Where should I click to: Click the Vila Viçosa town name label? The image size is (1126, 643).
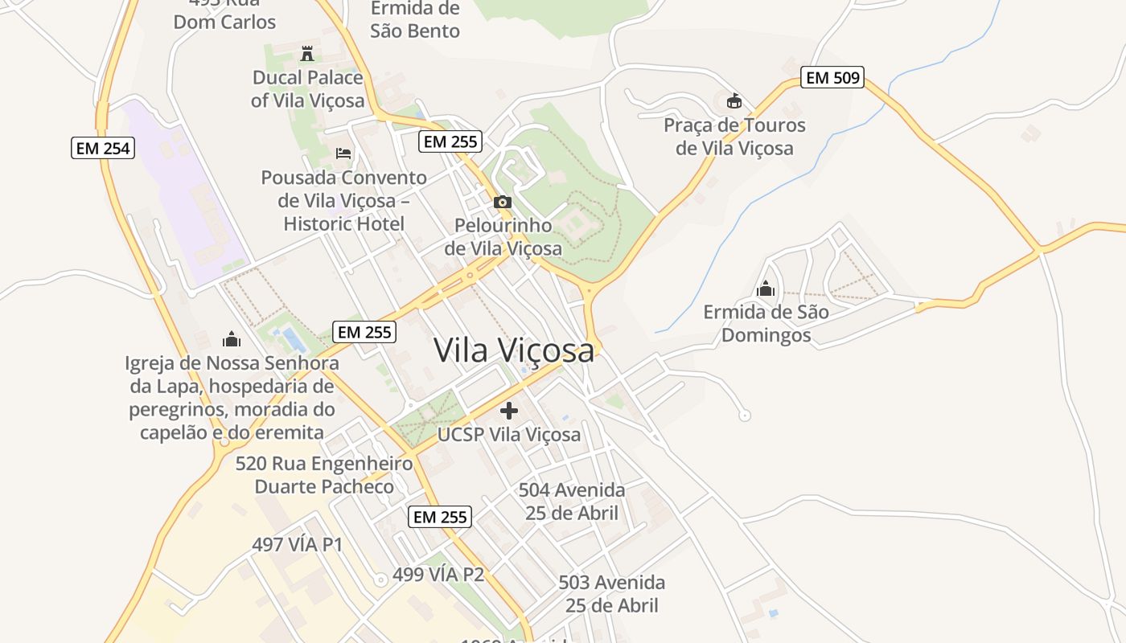514,350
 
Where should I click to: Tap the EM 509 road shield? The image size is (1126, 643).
832,78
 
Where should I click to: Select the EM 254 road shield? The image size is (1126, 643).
102,148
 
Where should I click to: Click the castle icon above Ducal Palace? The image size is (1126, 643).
307,54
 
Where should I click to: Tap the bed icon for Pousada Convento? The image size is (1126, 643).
343,153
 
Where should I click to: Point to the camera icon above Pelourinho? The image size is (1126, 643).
503,202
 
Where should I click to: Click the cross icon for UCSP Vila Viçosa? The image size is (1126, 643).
509,411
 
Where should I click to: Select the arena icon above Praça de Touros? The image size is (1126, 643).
734,101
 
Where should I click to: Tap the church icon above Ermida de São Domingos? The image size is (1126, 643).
766,288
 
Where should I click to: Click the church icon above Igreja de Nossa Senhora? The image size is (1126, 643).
232,339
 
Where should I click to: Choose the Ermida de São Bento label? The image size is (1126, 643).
415,20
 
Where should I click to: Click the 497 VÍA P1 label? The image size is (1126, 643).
298,544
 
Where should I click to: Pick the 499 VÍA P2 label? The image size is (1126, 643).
438,575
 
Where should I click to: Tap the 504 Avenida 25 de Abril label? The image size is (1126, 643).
572,502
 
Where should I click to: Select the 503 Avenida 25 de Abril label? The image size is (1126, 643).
612,594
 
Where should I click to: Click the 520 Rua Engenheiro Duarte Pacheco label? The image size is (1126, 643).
324,475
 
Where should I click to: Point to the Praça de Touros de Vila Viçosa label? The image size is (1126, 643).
734,137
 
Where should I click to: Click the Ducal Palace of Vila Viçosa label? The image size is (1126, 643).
308,89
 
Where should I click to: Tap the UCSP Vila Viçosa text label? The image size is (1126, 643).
509,435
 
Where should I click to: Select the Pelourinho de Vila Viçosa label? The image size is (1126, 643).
503,237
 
